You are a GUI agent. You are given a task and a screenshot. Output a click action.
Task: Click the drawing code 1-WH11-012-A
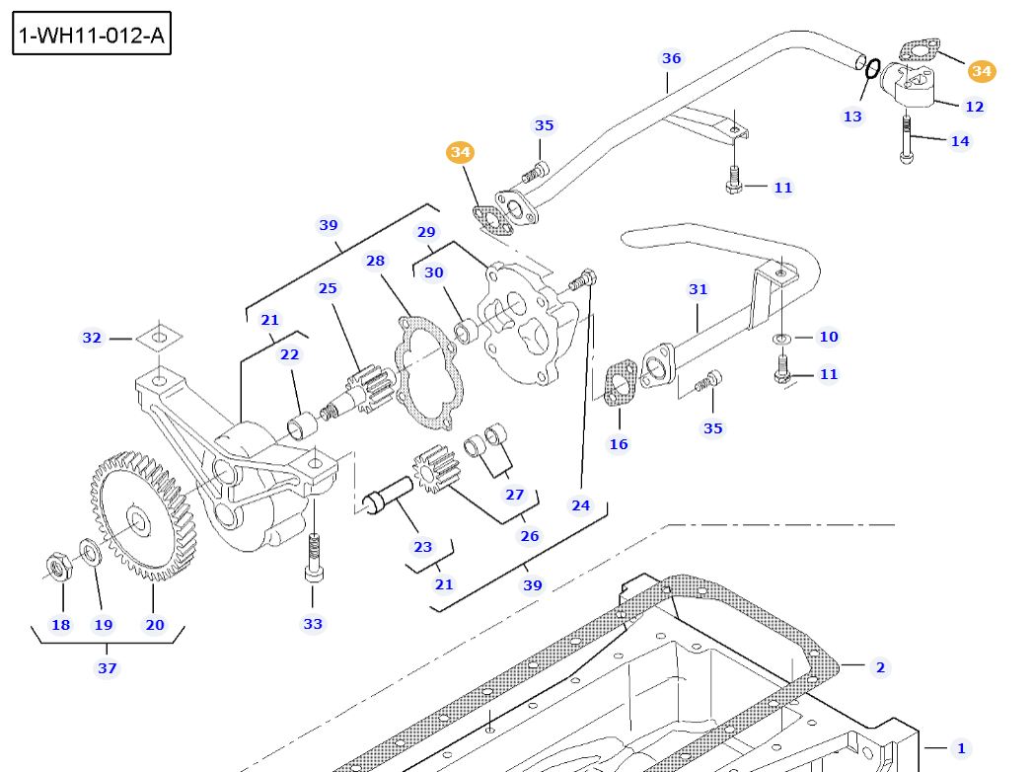coord(91,37)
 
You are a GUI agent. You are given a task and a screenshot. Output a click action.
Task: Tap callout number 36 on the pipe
coord(672,58)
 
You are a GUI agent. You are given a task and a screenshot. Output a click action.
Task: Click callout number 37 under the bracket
coord(108,668)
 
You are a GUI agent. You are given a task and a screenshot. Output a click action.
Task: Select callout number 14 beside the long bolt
coord(960,141)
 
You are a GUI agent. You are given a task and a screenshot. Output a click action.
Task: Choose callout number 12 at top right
coord(974,107)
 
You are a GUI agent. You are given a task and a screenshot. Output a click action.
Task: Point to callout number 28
coord(375,261)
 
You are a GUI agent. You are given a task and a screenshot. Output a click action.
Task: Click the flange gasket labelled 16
coord(620,384)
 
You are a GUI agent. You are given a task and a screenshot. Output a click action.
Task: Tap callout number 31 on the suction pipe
coord(699,289)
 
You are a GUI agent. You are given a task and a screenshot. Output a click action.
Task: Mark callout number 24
coord(581,505)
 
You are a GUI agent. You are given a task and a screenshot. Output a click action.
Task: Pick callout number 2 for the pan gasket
coord(880,667)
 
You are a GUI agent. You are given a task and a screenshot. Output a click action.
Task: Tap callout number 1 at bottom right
coord(961,748)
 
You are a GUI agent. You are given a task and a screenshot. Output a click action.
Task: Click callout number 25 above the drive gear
coord(328,288)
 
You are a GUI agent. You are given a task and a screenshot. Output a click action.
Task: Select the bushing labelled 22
coord(300,427)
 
